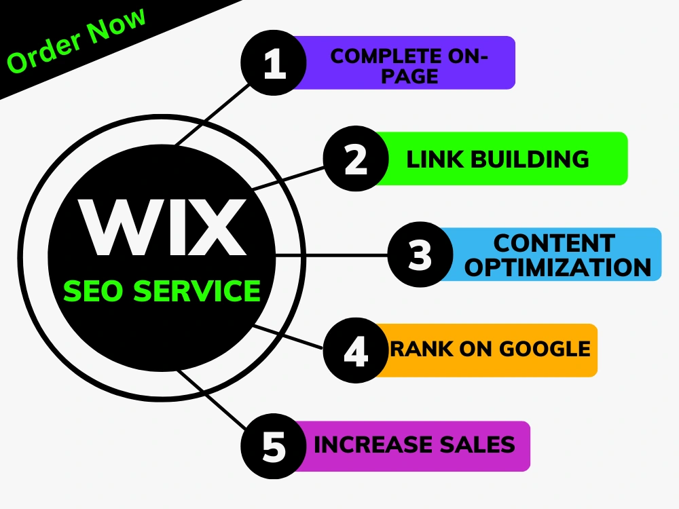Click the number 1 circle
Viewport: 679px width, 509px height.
[274, 62]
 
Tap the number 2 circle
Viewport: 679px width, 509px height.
[356, 158]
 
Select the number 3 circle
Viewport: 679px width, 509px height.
[420, 254]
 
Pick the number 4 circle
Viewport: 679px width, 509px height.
[356, 350]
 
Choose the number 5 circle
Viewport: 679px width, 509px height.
[274, 447]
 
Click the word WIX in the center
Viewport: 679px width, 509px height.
[162, 227]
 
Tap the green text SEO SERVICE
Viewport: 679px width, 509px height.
[162, 290]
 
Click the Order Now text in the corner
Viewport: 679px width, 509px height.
[76, 40]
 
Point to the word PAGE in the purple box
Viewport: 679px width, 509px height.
[409, 76]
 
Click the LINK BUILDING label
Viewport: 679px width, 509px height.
[498, 159]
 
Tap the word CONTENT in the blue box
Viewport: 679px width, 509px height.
[554, 243]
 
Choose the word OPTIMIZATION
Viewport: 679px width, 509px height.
[557, 267]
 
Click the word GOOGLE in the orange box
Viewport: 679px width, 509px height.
[545, 349]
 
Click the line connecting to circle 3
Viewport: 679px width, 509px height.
[331, 257]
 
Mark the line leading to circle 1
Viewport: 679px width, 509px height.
[212, 115]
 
